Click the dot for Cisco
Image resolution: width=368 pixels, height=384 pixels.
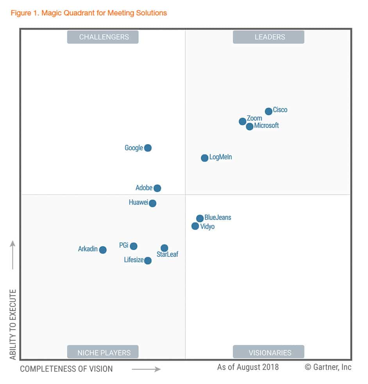coord(268,111)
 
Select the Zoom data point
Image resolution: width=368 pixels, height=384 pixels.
coord(243,121)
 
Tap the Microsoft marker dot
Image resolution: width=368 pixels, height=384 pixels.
coord(250,127)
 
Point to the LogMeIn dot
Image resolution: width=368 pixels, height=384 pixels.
coord(205,158)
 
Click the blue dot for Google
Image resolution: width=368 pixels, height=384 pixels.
coord(148,148)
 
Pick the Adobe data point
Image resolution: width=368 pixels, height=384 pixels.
coord(157,188)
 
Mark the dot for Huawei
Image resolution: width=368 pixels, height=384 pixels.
coord(153,203)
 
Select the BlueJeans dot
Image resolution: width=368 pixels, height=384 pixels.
coord(200,218)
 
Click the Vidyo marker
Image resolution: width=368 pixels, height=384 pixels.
coord(195,226)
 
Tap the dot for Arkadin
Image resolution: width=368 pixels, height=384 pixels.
coord(103,250)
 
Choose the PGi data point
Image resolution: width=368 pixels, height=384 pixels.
coord(134,246)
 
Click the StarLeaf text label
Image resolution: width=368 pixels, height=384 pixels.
coord(167,255)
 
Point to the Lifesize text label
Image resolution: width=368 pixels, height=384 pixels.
coord(134,260)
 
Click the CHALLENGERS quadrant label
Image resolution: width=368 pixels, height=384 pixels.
coord(103,37)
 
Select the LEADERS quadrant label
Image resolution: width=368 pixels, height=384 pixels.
coord(269,37)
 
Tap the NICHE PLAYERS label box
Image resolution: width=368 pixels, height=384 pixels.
coord(103,352)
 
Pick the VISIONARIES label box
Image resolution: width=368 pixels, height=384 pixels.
coord(269,352)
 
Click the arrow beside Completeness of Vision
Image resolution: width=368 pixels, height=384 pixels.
coord(146,369)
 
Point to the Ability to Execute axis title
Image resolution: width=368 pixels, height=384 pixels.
coord(13,324)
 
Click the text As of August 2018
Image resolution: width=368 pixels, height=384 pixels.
coord(248,367)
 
